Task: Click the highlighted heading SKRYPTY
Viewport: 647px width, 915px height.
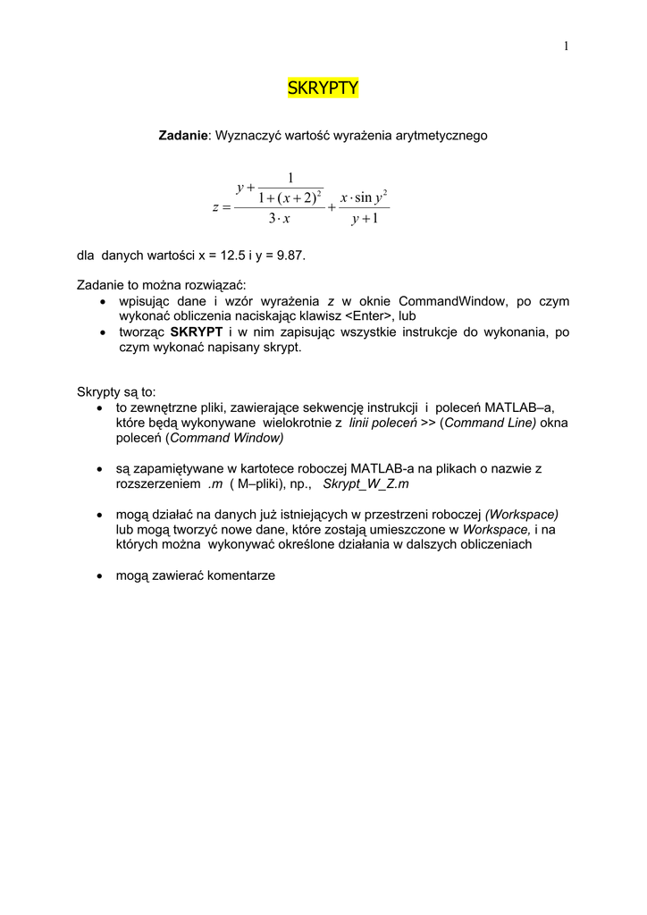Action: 323,88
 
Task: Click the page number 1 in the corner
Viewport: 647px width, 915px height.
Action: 567,46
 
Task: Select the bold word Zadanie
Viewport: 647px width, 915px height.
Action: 183,136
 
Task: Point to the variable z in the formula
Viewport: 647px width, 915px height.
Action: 216,207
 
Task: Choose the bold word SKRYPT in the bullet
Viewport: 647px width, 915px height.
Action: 196,332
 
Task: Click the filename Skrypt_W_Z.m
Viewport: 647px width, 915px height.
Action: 366,483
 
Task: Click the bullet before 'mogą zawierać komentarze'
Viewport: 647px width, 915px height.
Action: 100,576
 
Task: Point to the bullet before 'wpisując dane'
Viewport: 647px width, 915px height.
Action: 100,302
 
